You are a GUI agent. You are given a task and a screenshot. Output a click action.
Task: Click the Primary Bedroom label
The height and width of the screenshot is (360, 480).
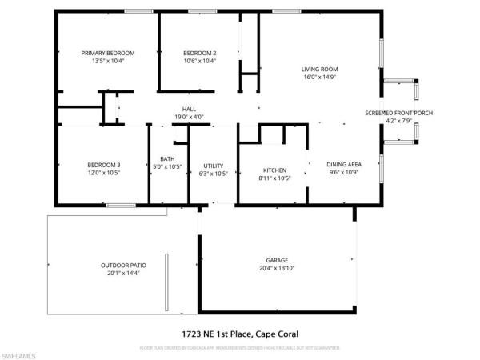tap(107, 53)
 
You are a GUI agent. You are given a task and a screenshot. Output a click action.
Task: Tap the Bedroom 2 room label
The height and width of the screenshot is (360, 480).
tap(200, 53)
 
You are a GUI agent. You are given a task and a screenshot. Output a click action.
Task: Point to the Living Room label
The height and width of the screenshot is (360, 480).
tap(317, 70)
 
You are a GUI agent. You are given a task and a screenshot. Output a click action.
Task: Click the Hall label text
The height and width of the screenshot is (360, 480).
tap(190, 109)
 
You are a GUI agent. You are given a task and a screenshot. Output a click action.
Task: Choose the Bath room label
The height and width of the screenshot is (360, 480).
tap(167, 158)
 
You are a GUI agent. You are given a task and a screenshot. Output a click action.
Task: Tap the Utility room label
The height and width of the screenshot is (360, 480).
tap(213, 165)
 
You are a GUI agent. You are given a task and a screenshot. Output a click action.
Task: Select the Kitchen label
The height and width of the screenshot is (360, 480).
tap(276, 170)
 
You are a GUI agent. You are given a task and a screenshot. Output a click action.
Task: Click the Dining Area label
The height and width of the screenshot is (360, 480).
tap(345, 170)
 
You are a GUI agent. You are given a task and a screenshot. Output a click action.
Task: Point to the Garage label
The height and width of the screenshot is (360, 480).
tap(278, 260)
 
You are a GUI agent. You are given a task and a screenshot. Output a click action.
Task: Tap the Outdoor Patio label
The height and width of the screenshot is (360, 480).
tap(123, 266)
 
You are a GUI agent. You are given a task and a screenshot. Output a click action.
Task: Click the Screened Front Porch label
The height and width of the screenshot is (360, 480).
tap(398, 113)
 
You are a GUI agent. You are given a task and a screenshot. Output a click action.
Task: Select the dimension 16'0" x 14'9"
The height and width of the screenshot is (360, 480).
tap(317, 78)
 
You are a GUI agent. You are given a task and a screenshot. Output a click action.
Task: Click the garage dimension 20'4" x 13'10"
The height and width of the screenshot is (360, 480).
tap(278, 268)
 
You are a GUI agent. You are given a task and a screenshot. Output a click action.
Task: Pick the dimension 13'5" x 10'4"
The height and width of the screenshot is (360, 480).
tap(107, 61)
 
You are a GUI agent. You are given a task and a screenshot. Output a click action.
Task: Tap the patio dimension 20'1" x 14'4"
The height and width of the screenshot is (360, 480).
tap(123, 274)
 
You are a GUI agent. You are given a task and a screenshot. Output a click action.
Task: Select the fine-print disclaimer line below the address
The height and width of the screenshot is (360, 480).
tap(240, 349)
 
